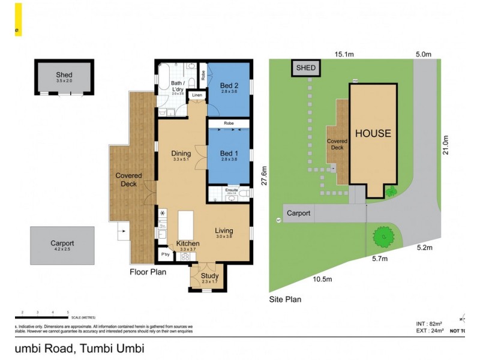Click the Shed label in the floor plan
pyautogui.click(x=64, y=75)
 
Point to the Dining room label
pyautogui.click(x=181, y=153)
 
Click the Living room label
pyautogui.click(x=224, y=230)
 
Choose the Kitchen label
pyautogui.click(x=188, y=243)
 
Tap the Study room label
pyautogui.click(x=210, y=276)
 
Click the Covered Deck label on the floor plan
pyautogui.click(x=129, y=179)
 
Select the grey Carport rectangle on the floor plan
pyautogui.click(x=62, y=245)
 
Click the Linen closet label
pyautogui.click(x=196, y=95)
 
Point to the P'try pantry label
pyautogui.click(x=165, y=255)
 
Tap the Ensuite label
pyautogui.click(x=232, y=191)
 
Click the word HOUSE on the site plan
pyautogui.click(x=373, y=133)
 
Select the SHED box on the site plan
pyautogui.click(x=305, y=68)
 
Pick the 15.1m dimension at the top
pyautogui.click(x=344, y=55)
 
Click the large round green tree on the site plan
pyautogui.click(x=382, y=238)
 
